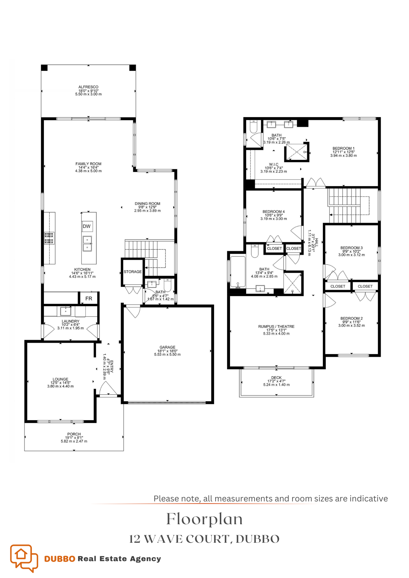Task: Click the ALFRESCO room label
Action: [x=88, y=87]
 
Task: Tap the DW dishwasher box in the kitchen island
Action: [x=87, y=226]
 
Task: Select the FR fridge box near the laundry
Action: [x=89, y=299]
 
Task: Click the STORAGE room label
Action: [x=132, y=272]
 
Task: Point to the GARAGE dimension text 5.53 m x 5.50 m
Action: [x=167, y=355]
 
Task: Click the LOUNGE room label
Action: [x=60, y=379]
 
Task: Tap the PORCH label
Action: [x=74, y=434]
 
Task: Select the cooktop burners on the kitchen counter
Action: [x=49, y=238]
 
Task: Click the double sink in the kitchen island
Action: [x=87, y=244]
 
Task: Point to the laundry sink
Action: [x=66, y=311]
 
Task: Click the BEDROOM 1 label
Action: [x=343, y=148]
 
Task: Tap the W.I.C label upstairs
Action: [x=274, y=164]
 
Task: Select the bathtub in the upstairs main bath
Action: [x=238, y=272]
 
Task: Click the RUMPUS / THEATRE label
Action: [x=276, y=327]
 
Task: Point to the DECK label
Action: [x=276, y=377]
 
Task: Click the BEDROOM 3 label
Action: [x=351, y=248]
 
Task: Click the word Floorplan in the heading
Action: [x=204, y=519]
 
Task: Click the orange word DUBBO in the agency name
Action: [x=60, y=559]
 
